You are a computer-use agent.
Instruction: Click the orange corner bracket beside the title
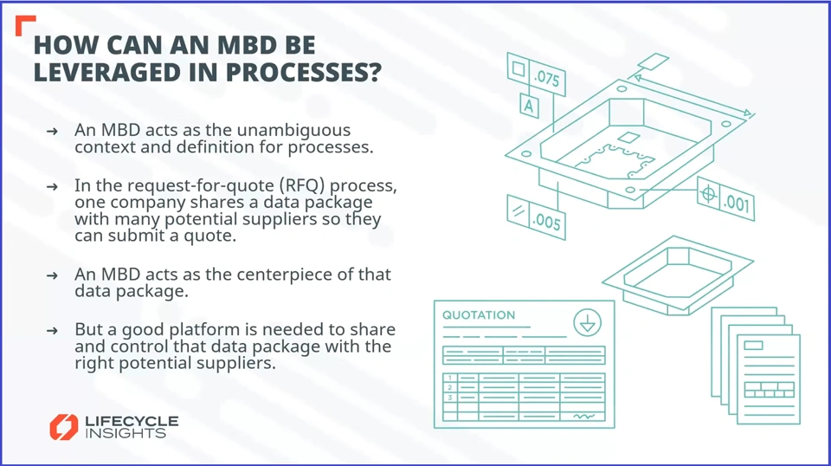[24, 25]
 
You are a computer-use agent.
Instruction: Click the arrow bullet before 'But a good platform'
[54, 331]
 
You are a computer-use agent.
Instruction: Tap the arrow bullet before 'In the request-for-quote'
[54, 187]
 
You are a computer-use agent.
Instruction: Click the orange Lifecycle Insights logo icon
[63, 426]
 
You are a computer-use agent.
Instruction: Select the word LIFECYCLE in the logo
[132, 421]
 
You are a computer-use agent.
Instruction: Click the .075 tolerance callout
[547, 79]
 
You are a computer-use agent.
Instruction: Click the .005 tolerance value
[548, 223]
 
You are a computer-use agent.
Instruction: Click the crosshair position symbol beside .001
[708, 193]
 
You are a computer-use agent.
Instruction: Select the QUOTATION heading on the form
[479, 315]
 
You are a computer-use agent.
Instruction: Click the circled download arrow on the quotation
[588, 324]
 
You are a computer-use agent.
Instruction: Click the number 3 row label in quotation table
[450, 398]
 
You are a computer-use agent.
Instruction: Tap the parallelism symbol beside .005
[519, 211]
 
